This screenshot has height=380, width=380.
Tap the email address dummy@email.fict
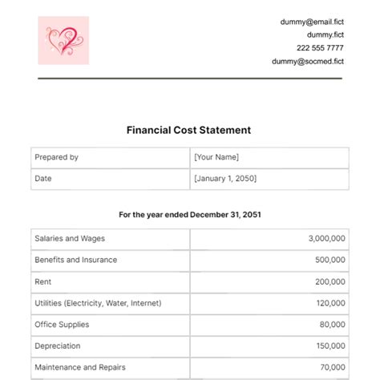pyautogui.click(x=313, y=22)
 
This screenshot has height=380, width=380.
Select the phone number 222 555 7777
pyautogui.click(x=321, y=48)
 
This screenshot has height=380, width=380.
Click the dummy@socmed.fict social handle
pyautogui.click(x=307, y=61)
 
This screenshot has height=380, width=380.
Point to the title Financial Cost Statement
pyautogui.click(x=189, y=129)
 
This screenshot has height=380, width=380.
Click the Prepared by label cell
pyautogui.click(x=56, y=158)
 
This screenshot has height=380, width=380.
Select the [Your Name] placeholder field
pyautogui.click(x=216, y=158)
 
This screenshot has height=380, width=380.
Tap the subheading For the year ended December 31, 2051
pyautogui.click(x=189, y=215)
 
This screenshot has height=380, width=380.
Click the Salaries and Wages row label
pyautogui.click(x=70, y=238)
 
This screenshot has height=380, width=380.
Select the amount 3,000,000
pyautogui.click(x=326, y=238)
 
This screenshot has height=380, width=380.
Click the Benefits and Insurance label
pyautogui.click(x=75, y=260)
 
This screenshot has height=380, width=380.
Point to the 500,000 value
pyautogui.click(x=330, y=260)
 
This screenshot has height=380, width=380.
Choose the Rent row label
pyautogui.click(x=42, y=281)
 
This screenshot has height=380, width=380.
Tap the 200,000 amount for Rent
pyautogui.click(x=330, y=281)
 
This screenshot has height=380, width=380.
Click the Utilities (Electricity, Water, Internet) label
pyautogui.click(x=98, y=303)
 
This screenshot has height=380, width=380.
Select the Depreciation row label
pyautogui.click(x=57, y=346)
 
